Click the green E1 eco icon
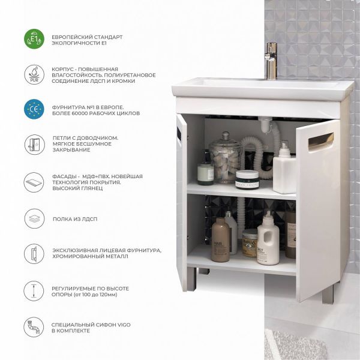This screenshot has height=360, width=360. (34, 39)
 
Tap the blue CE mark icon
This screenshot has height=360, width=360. (34, 109)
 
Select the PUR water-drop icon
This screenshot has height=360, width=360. (34, 74)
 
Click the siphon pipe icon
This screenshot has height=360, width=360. (34, 327)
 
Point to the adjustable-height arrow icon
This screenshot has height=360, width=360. (34, 291)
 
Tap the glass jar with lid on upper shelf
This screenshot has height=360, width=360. (225, 157)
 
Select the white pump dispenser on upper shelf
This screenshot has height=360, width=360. (284, 169)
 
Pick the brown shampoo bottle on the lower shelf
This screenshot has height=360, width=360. (220, 240)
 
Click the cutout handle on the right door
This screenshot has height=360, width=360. (321, 140)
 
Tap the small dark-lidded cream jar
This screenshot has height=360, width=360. (247, 180)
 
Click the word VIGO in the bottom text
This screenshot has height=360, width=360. (124, 325)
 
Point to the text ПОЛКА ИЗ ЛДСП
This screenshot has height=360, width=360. (75, 219)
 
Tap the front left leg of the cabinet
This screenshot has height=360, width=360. (191, 280)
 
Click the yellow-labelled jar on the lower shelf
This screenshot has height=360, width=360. (250, 243)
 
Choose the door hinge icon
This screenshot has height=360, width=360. (34, 145)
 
